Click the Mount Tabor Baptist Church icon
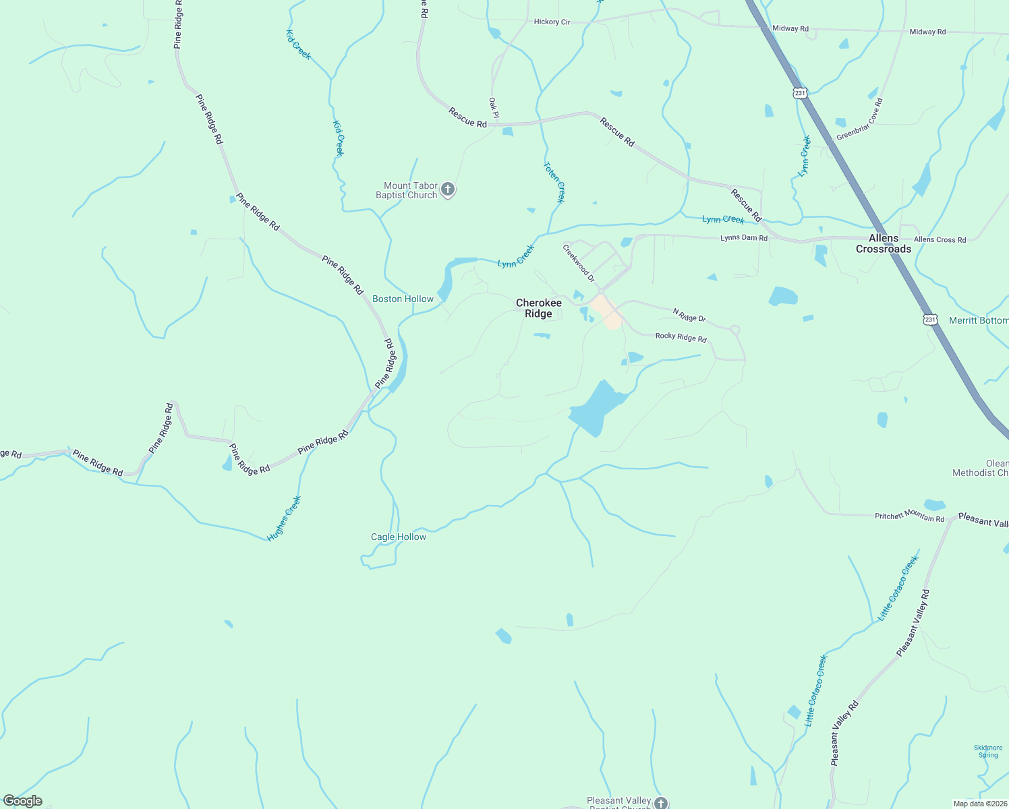448,190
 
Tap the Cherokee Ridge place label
538,308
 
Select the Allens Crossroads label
883,243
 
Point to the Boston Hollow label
403,299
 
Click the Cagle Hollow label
399,537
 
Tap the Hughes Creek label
284,518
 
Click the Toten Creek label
554,182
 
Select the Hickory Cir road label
552,22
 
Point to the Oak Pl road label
494,107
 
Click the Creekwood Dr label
579,263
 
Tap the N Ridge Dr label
689,315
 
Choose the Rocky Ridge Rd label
681,336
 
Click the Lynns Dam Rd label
743,238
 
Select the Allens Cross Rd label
940,239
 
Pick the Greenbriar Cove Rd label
859,120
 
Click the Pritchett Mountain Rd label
909,516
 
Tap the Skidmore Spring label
988,751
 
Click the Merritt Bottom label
978,320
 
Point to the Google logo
23,800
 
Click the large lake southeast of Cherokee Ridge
596,407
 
